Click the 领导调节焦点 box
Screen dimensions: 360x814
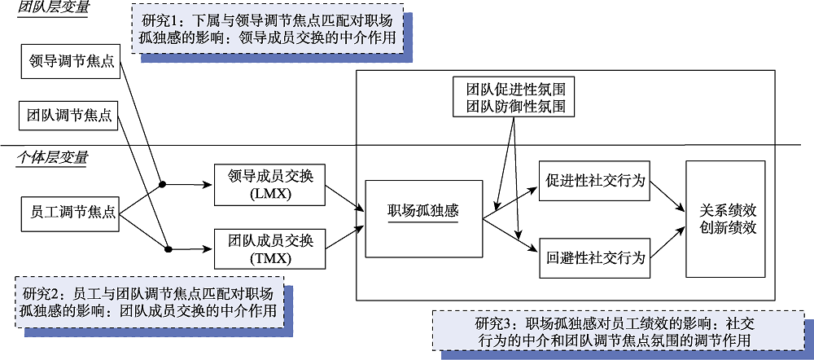coord(69,63)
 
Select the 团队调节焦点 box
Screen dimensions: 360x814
coord(69,115)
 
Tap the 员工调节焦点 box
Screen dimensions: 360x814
coord(69,213)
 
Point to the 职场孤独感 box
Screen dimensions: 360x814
coord(423,213)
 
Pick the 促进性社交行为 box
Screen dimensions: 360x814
coord(593,181)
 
